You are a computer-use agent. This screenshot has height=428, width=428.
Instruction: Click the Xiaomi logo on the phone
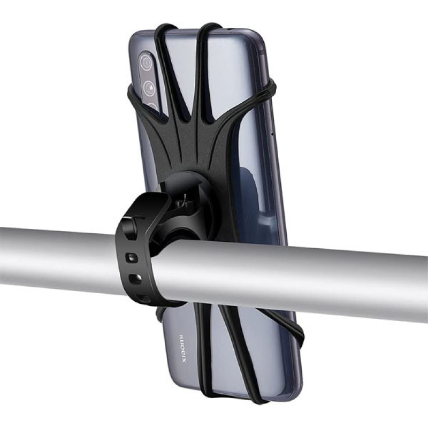[x=182, y=348]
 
